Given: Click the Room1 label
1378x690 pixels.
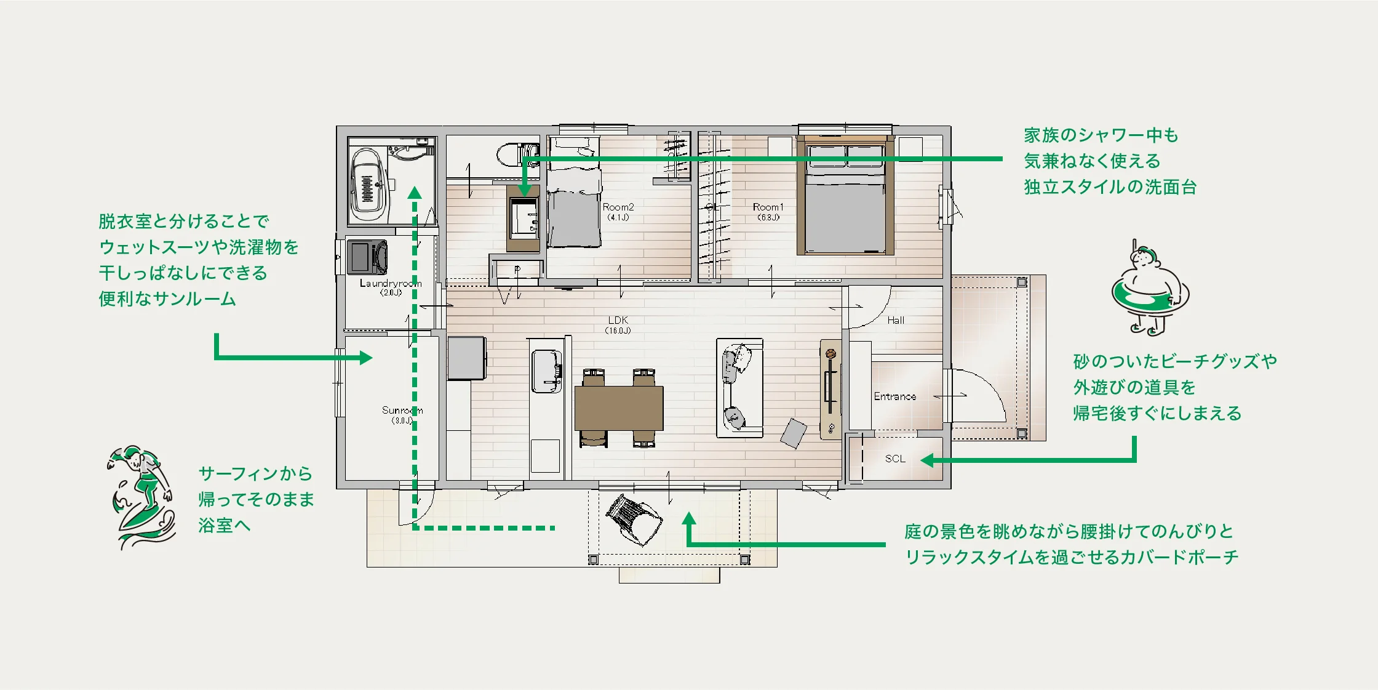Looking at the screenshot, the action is pos(768,207).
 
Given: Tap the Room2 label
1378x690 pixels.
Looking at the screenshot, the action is pos(618,207).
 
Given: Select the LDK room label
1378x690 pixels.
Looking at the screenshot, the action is pos(618,320).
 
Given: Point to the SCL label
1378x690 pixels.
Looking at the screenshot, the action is pos(895,459).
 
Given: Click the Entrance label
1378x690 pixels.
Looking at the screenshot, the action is pos(895,396).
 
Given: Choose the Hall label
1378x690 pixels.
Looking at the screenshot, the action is pos(896,320).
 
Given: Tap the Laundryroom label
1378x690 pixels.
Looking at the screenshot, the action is pos(391,284).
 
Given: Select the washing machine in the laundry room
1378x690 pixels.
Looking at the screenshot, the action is pos(367,257).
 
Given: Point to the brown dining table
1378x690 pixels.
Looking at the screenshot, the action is pos(619,408).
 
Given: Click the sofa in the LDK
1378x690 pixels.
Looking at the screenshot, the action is pos(739,388).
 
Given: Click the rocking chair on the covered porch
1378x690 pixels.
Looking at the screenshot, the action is pos(634,520).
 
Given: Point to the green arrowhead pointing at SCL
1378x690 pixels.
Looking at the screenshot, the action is pos(928,460).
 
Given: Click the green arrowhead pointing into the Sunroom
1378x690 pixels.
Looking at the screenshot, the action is pos(366,358).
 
